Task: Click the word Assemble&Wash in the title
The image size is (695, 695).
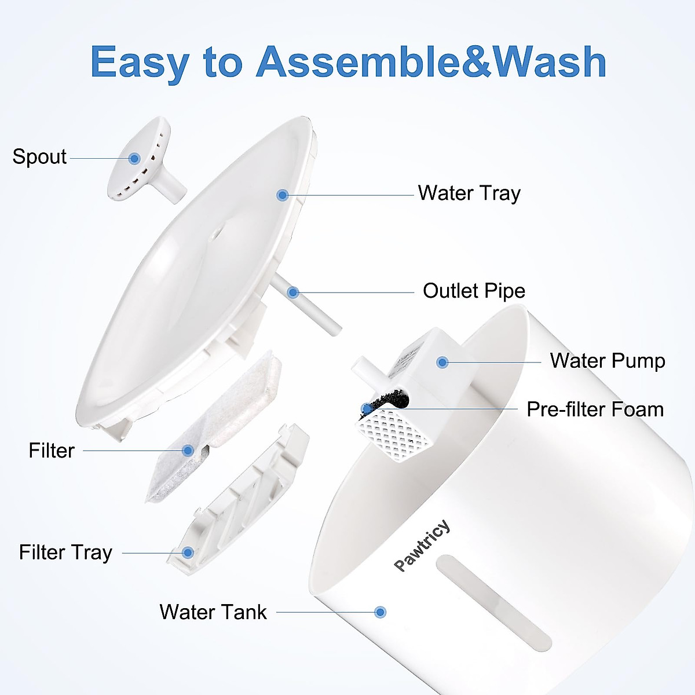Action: click(431, 61)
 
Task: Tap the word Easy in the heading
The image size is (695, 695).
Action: click(140, 63)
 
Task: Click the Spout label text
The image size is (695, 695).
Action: click(39, 157)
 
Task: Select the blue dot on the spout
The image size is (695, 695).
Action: click(135, 158)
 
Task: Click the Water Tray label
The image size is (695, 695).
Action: click(469, 193)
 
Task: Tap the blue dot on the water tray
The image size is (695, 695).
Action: click(283, 195)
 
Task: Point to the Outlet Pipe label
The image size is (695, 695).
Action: click(474, 291)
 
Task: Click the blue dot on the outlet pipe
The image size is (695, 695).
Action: click(293, 292)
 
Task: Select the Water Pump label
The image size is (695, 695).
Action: click(607, 361)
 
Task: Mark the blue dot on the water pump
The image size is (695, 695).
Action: click(442, 363)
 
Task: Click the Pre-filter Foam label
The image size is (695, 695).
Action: click(595, 409)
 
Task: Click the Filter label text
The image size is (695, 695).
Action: click(52, 451)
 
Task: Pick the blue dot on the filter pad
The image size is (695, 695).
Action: click(188, 451)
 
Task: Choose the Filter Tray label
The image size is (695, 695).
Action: click(65, 553)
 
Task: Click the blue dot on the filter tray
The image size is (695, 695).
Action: click(188, 553)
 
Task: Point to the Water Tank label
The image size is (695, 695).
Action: click(213, 612)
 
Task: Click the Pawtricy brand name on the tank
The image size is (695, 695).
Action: click(422, 545)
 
